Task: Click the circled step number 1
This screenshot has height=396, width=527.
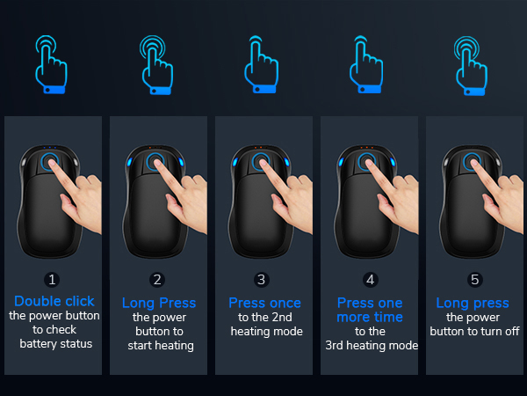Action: (x=53, y=280)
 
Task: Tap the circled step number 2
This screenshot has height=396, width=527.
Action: (x=158, y=280)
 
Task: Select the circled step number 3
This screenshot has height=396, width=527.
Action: (x=261, y=280)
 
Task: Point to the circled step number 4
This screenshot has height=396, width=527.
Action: (x=370, y=280)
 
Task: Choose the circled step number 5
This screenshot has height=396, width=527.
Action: (x=475, y=280)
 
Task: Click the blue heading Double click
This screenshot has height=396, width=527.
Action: (x=54, y=302)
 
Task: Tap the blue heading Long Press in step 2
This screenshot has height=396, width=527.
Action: (x=159, y=303)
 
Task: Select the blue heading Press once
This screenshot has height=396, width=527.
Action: (x=264, y=303)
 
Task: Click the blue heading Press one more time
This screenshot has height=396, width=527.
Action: (x=370, y=310)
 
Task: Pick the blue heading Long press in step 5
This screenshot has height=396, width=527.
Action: (x=475, y=303)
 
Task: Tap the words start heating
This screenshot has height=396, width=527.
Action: (x=159, y=346)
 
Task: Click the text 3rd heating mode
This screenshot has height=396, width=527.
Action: (x=370, y=346)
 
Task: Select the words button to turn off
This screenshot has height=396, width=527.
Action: (x=475, y=332)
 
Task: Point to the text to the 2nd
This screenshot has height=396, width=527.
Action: (x=264, y=317)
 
